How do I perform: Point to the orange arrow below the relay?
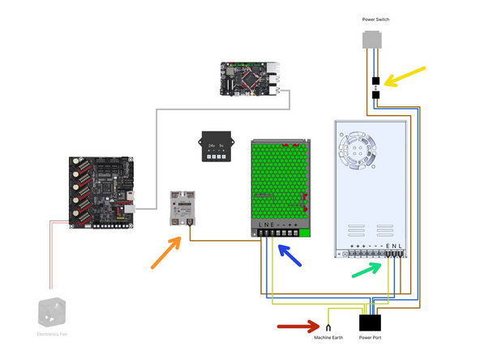click(x=167, y=253)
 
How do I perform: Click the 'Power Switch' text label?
click(x=375, y=19)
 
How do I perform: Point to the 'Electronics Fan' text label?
click(x=51, y=334)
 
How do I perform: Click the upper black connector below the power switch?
click(x=375, y=81)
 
